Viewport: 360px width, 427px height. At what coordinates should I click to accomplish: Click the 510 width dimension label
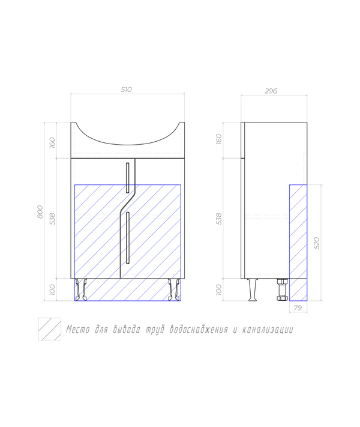(x=126, y=89)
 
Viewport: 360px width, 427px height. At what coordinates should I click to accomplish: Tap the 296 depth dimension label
(x=271, y=91)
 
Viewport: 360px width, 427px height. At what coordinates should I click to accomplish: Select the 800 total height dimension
(x=40, y=212)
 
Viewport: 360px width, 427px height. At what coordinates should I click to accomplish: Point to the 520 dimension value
(x=317, y=243)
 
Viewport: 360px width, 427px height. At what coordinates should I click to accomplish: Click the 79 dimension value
(x=298, y=307)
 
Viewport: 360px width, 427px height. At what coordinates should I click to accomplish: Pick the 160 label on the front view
(x=52, y=143)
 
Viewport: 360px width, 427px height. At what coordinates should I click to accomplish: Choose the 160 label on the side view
(x=219, y=139)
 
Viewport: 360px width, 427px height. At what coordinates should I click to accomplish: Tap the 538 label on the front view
(x=52, y=219)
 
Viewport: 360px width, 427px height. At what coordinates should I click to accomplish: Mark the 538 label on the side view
(x=219, y=219)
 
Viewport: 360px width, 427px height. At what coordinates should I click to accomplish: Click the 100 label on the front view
(x=52, y=289)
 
